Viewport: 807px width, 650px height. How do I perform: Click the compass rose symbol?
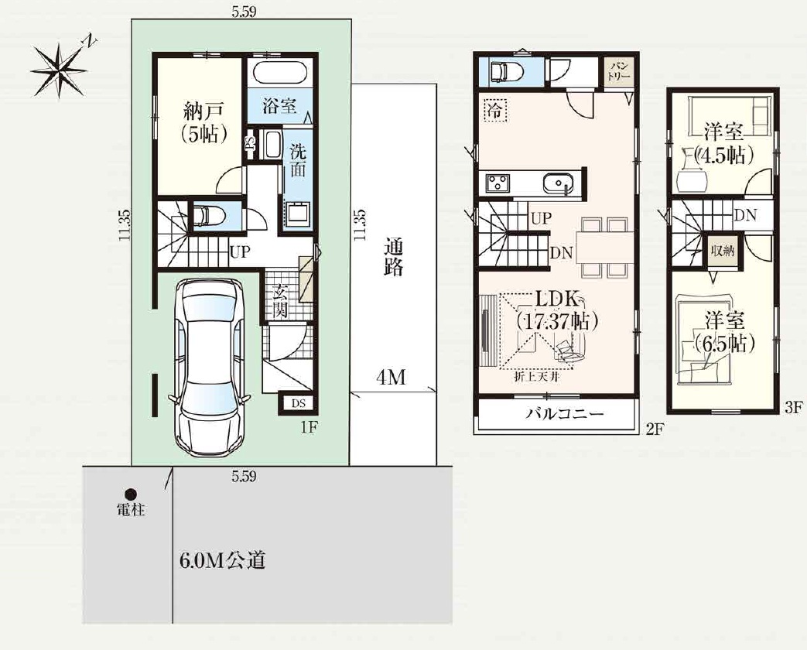coord(58,68)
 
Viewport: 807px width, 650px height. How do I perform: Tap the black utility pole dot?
coord(132,494)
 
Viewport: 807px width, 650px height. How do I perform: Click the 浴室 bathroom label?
coord(279,107)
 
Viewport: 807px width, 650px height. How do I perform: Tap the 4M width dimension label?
coord(392,378)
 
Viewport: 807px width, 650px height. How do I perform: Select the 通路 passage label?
coord(393,258)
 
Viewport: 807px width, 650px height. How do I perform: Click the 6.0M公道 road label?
coord(222,560)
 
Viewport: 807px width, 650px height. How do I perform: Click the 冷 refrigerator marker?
coord(494,111)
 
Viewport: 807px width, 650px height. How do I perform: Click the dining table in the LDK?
coord(603,248)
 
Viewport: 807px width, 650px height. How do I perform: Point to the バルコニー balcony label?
coord(563,415)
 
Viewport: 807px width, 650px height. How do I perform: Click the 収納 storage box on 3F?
coord(723,251)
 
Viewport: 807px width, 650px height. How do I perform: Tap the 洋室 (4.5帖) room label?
coord(723,145)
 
